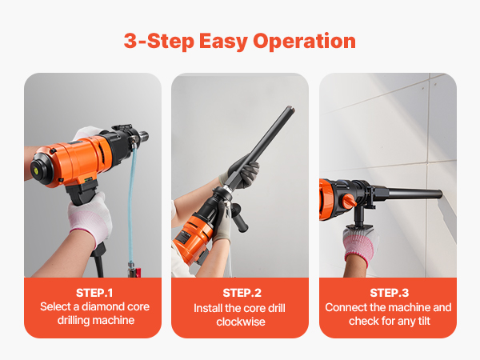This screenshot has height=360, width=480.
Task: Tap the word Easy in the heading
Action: coord(223,42)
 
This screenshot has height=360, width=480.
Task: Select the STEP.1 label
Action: coord(94,293)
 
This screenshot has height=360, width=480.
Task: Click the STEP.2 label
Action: coord(242,293)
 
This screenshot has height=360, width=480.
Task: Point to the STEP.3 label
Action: coord(389,293)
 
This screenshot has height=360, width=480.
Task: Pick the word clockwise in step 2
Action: coord(241,322)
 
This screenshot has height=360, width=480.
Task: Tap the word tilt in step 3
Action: coord(424,321)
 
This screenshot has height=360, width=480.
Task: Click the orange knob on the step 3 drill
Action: coord(349,201)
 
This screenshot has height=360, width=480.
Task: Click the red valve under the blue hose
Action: coord(134,272)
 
